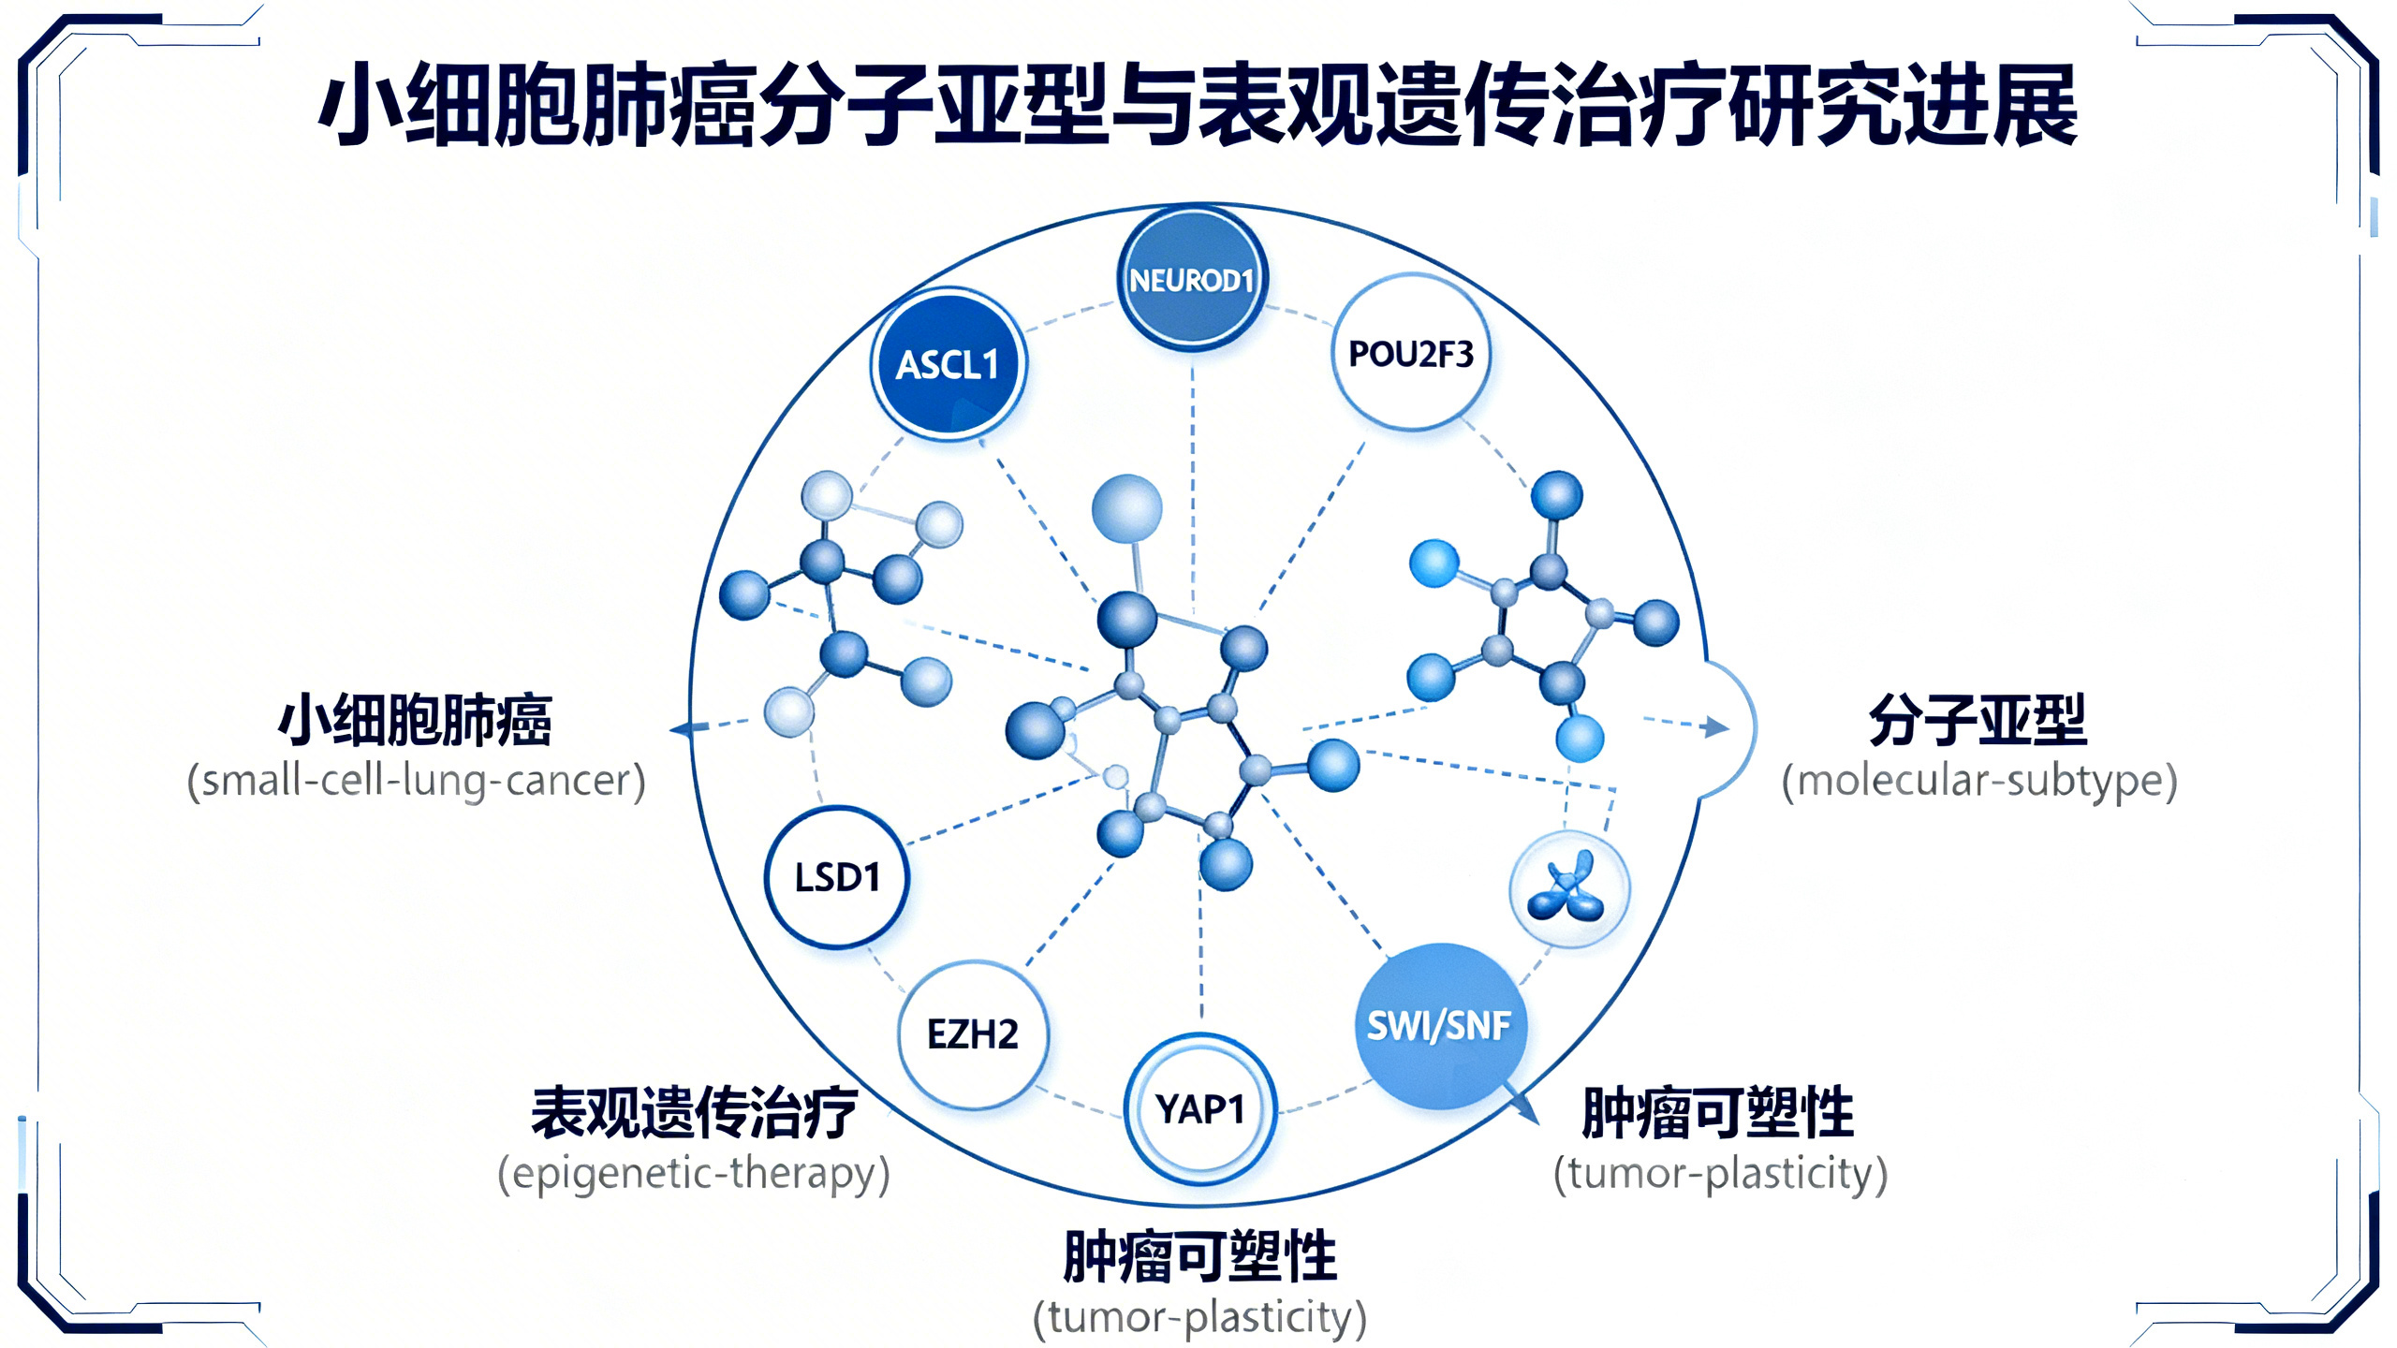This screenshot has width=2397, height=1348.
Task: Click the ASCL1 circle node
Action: click(x=949, y=364)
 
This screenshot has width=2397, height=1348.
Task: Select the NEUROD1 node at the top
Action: click(x=1191, y=279)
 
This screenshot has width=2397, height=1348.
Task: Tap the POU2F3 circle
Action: click(x=1410, y=353)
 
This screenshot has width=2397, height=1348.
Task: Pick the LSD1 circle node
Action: click(x=836, y=877)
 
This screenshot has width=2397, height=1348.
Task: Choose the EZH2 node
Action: click(x=972, y=1033)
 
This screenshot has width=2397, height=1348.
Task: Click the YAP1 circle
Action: click(x=1199, y=1108)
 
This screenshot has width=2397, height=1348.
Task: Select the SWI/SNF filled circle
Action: click(x=1439, y=1025)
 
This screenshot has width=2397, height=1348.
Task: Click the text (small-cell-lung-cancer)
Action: click(x=416, y=780)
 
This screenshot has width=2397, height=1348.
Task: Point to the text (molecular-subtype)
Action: click(x=1978, y=780)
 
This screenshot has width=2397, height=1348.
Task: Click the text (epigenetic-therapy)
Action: click(x=693, y=1172)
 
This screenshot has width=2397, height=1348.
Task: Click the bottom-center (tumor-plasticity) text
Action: click(x=1199, y=1316)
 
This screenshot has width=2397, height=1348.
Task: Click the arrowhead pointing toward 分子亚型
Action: click(x=1716, y=726)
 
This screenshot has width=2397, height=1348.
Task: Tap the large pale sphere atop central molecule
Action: click(x=1127, y=508)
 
